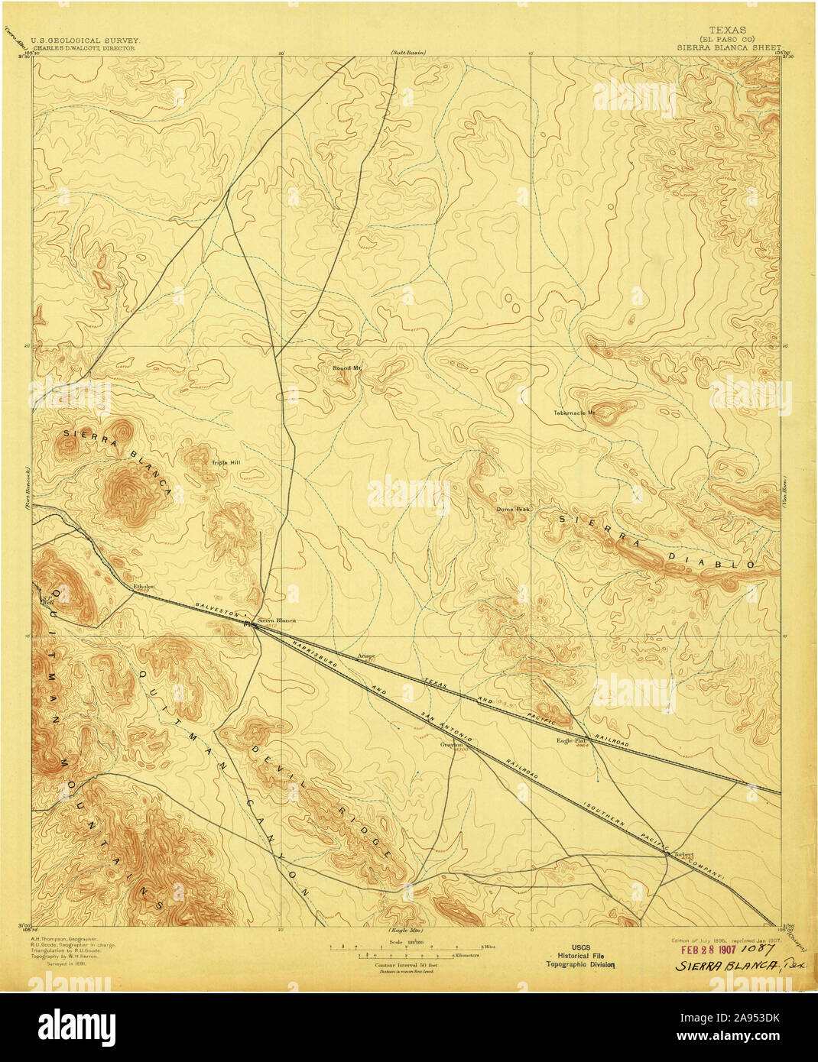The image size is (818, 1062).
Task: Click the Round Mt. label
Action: tap(346, 368)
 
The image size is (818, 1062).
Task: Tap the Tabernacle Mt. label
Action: tap(573, 413)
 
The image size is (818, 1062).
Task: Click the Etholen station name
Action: tap(144, 587)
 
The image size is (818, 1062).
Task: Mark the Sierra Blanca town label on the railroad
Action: tap(276, 620)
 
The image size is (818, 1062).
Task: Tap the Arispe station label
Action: tap(367, 656)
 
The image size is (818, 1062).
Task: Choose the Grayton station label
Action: tap(452, 744)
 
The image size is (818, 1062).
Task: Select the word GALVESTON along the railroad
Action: tap(218, 609)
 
